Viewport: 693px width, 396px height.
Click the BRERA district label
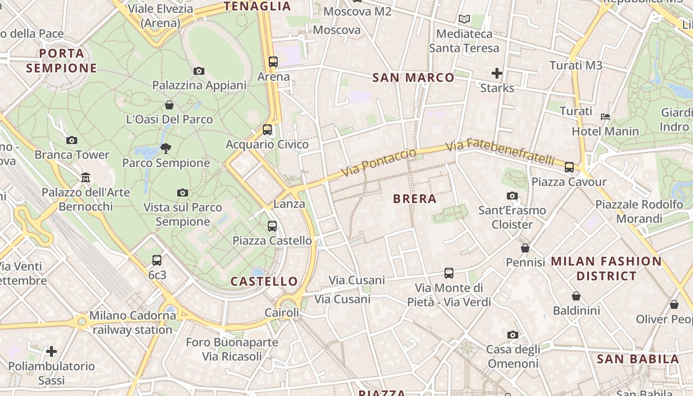pos(414,199)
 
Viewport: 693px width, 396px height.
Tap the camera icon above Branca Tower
pos(72,141)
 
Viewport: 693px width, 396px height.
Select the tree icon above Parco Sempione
pos(166,148)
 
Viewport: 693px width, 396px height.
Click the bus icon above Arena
pos(273,62)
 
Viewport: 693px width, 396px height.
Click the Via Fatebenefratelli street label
pos(500,151)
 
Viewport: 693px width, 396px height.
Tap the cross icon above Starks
pos(497,74)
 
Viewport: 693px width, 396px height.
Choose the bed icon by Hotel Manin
pos(605,117)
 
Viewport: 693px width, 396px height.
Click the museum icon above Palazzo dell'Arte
pos(86,177)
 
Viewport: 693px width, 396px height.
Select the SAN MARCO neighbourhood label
pos(413,78)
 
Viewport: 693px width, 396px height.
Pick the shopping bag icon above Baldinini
pos(576,296)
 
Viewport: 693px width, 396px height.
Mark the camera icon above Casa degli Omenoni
pos(512,335)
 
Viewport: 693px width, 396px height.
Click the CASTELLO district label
pos(264,282)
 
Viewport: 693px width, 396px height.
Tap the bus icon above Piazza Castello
pos(272,226)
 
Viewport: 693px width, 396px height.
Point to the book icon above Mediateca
pos(464,19)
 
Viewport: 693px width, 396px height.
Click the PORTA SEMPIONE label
pos(61,60)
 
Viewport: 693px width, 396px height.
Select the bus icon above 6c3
pos(157,260)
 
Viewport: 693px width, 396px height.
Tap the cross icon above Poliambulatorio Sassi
pos(51,351)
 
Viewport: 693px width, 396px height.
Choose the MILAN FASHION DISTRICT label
pos(606,268)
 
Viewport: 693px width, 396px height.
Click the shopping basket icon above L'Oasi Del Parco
pos(169,105)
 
